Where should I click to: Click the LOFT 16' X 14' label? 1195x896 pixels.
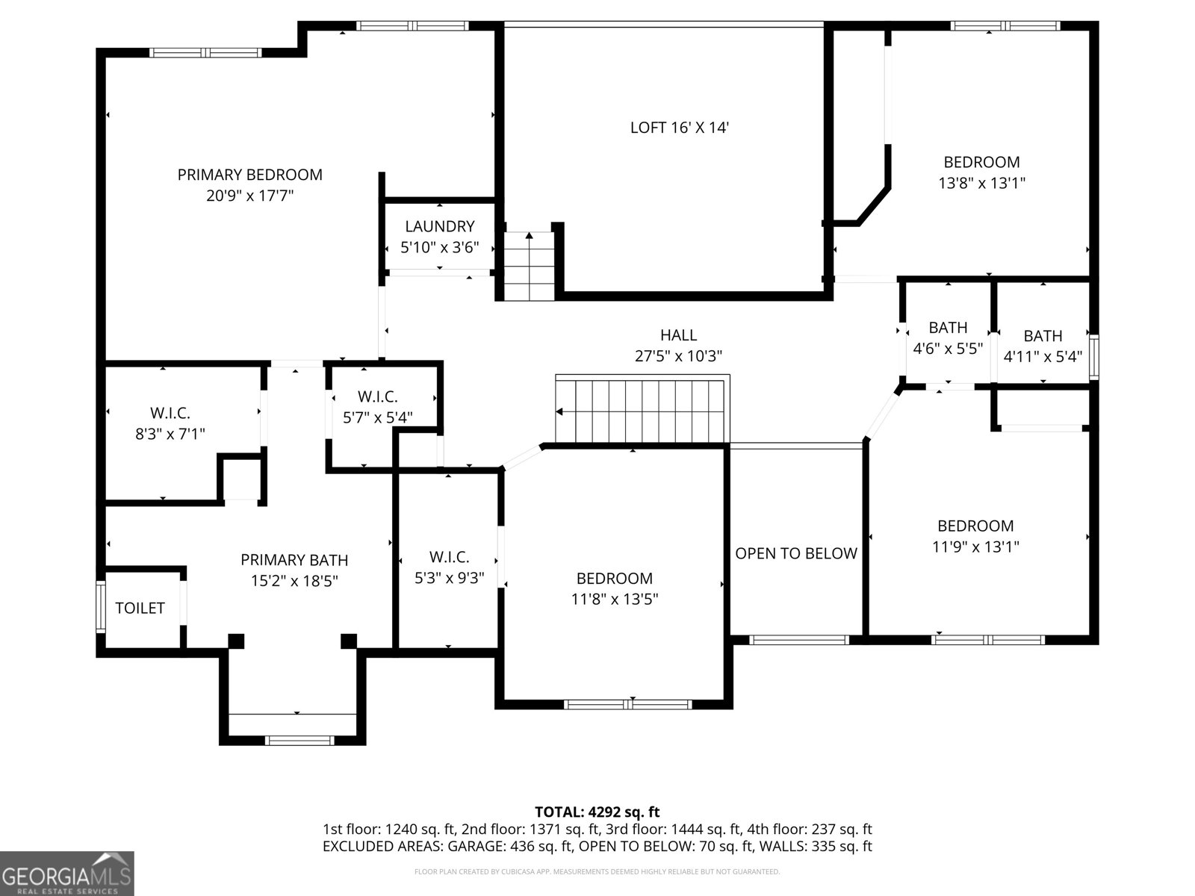coord(679,128)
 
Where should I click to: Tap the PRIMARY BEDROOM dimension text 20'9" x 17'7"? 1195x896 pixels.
coord(250,196)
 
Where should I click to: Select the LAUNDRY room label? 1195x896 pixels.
coord(439,226)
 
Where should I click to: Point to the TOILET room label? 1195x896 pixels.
coord(140,608)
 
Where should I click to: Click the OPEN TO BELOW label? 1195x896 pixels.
coord(796,553)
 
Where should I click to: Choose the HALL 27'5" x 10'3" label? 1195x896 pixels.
coord(678,346)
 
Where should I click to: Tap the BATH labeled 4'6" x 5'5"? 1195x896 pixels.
coord(948,337)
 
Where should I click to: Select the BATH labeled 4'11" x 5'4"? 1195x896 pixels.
coord(1043,346)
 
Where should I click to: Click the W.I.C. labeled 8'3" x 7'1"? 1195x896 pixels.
coord(170,423)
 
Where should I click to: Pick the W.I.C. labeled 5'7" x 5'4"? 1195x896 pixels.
coord(378,407)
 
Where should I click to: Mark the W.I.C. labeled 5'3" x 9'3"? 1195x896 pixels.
coord(449,567)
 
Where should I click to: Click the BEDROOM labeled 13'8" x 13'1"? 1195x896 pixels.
coord(981,172)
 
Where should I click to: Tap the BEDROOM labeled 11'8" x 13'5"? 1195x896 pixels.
coord(614,588)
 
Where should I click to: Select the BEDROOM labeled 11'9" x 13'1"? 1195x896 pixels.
coord(975,536)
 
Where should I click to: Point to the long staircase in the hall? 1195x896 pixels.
coord(641,411)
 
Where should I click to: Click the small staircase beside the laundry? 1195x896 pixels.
coord(529,267)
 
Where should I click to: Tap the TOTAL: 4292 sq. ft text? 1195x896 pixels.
coord(597,812)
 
